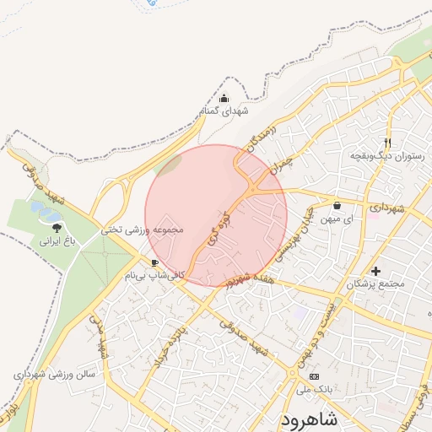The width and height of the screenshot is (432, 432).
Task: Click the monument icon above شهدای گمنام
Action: pyautogui.click(x=224, y=99)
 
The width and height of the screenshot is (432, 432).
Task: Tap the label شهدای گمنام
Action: pyautogui.click(x=222, y=111)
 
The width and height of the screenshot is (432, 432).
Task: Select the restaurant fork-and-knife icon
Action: pyautogui.click(x=387, y=143)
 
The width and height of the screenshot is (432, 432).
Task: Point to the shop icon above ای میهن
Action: pyautogui.click(x=337, y=205)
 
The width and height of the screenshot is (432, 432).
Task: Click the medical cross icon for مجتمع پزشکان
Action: pyautogui.click(x=375, y=271)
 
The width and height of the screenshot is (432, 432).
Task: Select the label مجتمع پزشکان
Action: pyautogui.click(x=375, y=283)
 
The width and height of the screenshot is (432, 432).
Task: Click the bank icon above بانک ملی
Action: pyautogui.click(x=315, y=375)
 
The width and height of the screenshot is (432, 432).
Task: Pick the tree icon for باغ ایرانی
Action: pyautogui.click(x=56, y=228)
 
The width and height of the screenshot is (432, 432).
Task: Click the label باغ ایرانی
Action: pyautogui.click(x=56, y=241)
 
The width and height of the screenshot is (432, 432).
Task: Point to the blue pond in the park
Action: pyautogui.click(x=39, y=208)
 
